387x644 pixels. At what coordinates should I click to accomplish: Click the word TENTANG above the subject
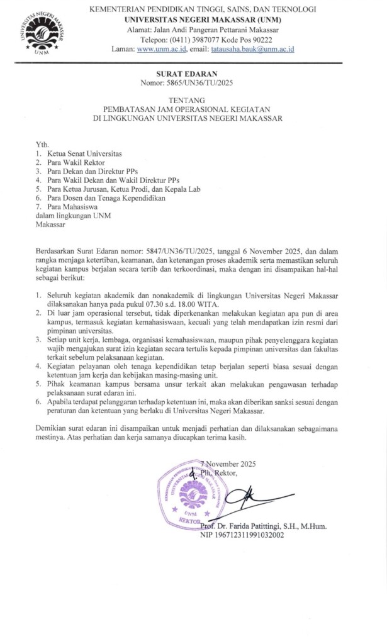(194, 100)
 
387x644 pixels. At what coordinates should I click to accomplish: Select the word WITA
(247, 302)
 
